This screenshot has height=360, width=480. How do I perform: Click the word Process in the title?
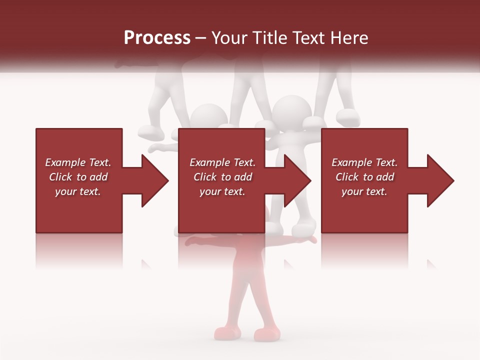[x=157, y=38]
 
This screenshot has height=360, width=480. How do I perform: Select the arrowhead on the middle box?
[x=294, y=180]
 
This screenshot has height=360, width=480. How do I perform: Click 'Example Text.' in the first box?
[x=78, y=162]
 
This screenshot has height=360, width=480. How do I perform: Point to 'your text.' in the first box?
[x=78, y=191]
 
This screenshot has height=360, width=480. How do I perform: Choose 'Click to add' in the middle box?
[x=222, y=177]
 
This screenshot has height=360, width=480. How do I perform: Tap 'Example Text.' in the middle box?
[x=222, y=162]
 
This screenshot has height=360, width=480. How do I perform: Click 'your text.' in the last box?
[x=364, y=191]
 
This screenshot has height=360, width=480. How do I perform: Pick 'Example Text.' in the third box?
[x=364, y=162]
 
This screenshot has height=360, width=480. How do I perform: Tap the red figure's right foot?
[x=265, y=333]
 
